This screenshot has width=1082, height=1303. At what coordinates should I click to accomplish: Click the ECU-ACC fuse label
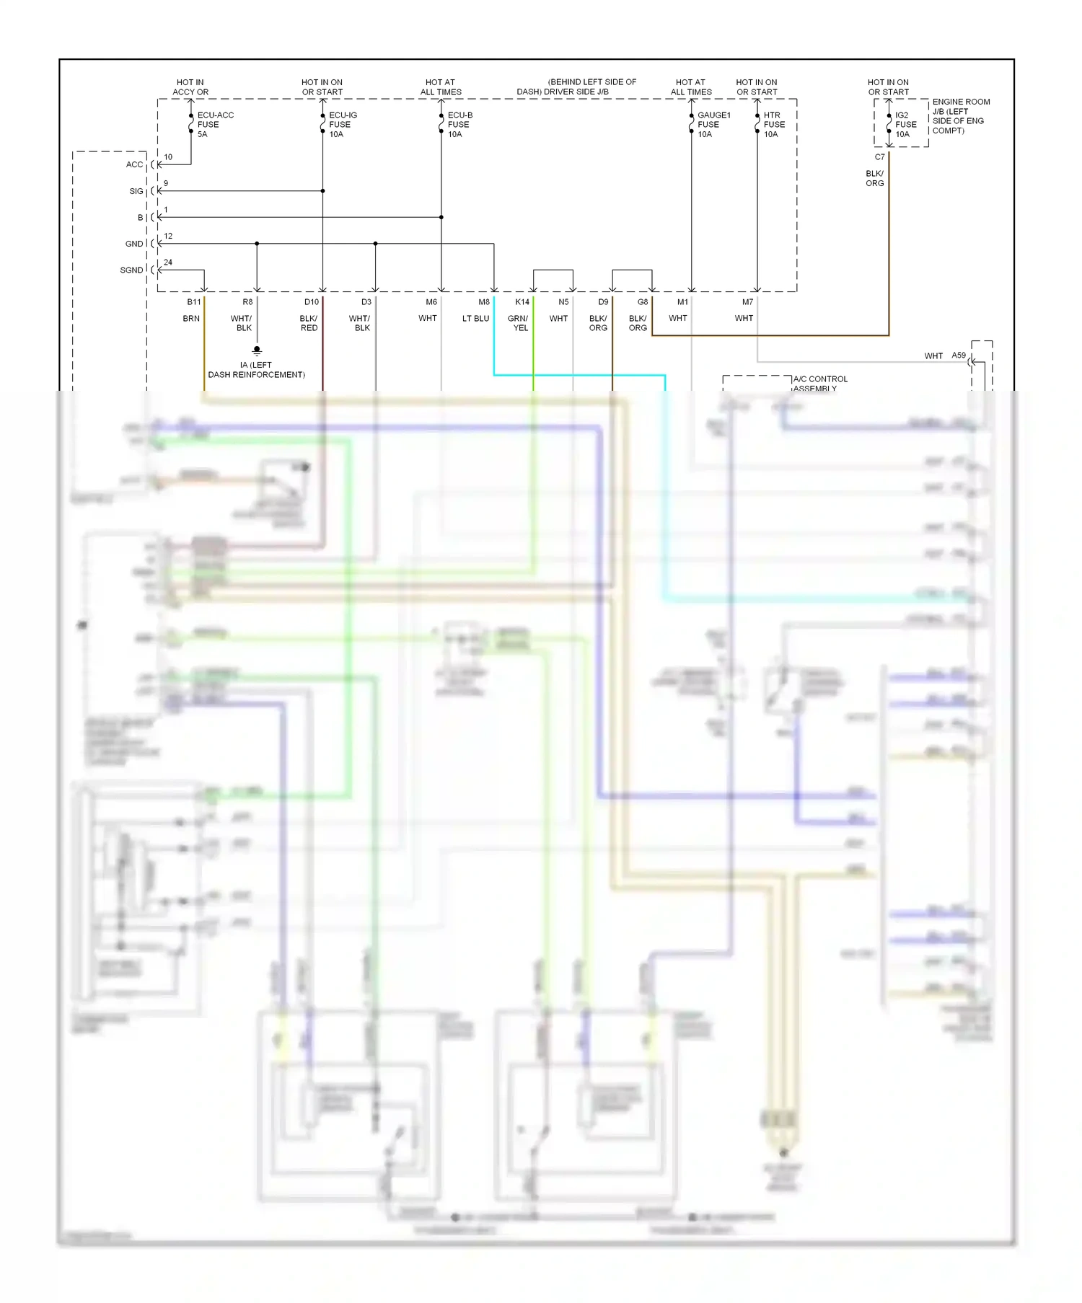point(214,124)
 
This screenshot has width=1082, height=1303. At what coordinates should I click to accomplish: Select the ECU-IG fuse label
point(342,124)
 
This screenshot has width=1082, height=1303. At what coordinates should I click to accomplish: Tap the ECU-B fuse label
point(459,124)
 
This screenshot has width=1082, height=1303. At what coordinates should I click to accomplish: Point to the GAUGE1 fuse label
point(713,124)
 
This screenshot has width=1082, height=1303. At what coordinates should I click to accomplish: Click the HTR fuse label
point(773,124)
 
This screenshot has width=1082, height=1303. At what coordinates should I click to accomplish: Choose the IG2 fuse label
point(905,124)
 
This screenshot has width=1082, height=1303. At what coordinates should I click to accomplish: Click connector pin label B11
point(194,301)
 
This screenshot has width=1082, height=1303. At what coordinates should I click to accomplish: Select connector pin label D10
point(312,301)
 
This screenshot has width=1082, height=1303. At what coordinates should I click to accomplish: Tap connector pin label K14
point(522,301)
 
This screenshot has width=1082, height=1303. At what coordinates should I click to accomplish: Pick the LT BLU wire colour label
point(475,318)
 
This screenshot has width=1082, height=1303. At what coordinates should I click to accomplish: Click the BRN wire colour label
point(191,318)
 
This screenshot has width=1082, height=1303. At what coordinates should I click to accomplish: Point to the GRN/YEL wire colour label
point(519,322)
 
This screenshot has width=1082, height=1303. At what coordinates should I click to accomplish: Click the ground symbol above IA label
point(257,351)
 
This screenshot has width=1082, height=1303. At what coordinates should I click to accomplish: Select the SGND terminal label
point(131,270)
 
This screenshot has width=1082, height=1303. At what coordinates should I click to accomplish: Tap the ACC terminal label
point(134,164)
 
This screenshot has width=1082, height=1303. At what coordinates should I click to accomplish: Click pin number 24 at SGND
point(168,262)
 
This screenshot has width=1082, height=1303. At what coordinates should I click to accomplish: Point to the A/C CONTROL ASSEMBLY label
point(820,383)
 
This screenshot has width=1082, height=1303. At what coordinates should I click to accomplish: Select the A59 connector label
point(958,355)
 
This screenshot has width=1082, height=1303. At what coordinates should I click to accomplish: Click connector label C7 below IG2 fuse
point(879,156)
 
